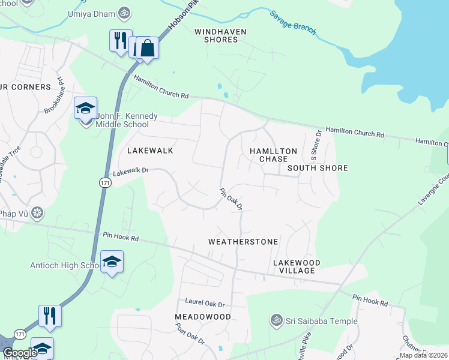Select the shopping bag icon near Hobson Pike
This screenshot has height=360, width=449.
[x=147, y=48]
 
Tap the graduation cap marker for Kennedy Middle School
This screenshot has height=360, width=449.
[x=85, y=108]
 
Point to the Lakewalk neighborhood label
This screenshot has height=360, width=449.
[x=150, y=151]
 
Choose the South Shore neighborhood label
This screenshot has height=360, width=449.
[x=318, y=168]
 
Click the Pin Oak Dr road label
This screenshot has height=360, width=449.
[x=231, y=199]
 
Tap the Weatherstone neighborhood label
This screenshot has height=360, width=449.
[x=243, y=242]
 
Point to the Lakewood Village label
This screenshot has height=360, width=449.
[x=297, y=266]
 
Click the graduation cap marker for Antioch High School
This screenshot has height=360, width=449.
[x=112, y=262]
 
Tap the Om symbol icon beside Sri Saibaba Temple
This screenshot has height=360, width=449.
[x=276, y=321]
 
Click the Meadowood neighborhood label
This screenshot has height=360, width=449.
[x=203, y=316]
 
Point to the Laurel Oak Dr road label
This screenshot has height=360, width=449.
[x=205, y=304]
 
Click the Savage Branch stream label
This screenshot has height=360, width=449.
[x=292, y=23]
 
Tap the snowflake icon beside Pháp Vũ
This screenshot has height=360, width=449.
[x=38, y=212]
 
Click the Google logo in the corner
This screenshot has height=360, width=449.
[x=19, y=353]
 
